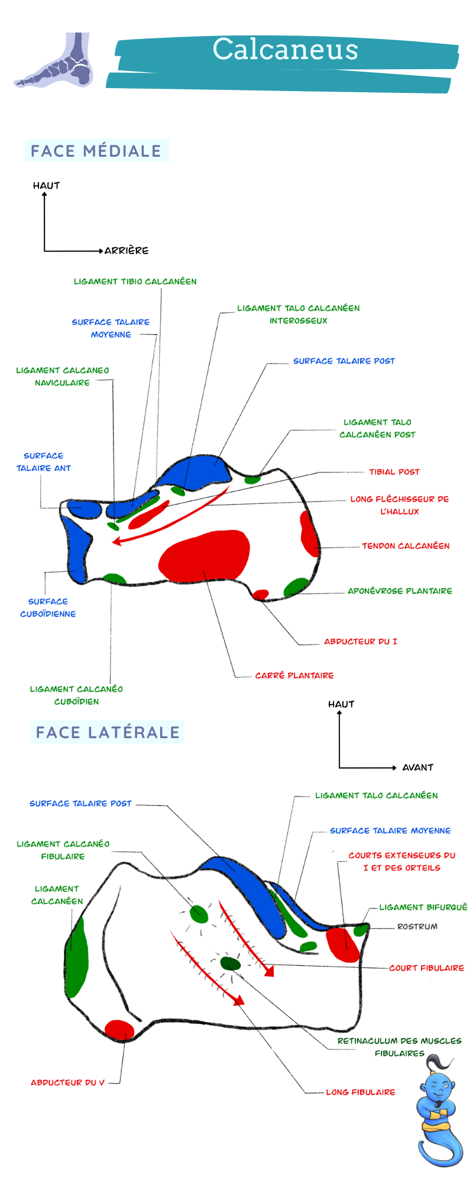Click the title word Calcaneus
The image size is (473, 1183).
[286, 49]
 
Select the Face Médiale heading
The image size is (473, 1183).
[96, 151]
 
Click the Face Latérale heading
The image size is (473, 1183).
[108, 732]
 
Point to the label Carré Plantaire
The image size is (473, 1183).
[294, 675]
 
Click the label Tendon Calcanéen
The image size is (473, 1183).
[406, 546]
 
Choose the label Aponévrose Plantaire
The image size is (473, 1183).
[400, 591]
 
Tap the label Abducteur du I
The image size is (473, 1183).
[361, 641]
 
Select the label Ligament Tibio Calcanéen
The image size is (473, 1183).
[135, 282]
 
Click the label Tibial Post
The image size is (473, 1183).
[394, 472]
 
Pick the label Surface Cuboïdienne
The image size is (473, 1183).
[48, 607]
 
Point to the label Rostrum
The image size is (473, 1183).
[417, 927]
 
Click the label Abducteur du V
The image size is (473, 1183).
[67, 1082]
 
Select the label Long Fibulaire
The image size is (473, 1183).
[361, 1092]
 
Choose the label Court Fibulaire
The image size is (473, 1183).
[426, 968]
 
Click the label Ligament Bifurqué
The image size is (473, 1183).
[423, 907]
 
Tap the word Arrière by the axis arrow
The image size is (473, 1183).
[127, 251]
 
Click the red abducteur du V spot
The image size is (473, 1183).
[119, 1030]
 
